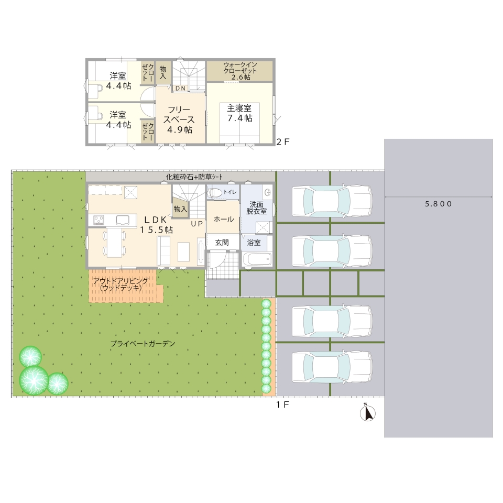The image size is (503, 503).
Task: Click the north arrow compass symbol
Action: coord(368,413)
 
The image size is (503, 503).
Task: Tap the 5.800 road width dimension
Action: coord(438,204)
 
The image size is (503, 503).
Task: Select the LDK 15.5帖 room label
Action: coord(156,225)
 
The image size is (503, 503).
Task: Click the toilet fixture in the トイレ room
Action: coord(215,192)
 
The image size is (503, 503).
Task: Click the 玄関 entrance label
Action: coord(222,243)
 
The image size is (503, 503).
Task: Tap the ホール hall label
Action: coord(224,220)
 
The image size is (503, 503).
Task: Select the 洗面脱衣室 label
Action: coord(256,208)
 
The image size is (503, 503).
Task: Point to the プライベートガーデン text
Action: coord(143,344)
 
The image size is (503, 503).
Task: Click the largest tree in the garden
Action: coord(34,380)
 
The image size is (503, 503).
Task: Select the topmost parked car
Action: coord(332,201)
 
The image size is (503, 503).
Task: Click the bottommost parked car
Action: coord(332,367)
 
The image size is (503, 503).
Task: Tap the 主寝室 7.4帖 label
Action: coord(239,113)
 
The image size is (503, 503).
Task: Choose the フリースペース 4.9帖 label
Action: coord(179,119)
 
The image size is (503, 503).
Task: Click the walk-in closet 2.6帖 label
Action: coord(240,71)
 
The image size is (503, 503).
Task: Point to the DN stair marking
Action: coord(180,88)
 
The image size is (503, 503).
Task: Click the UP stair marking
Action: coord(197,224)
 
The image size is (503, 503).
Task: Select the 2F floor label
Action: coord(283,142)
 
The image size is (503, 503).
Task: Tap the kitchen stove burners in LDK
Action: coord(99,220)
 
